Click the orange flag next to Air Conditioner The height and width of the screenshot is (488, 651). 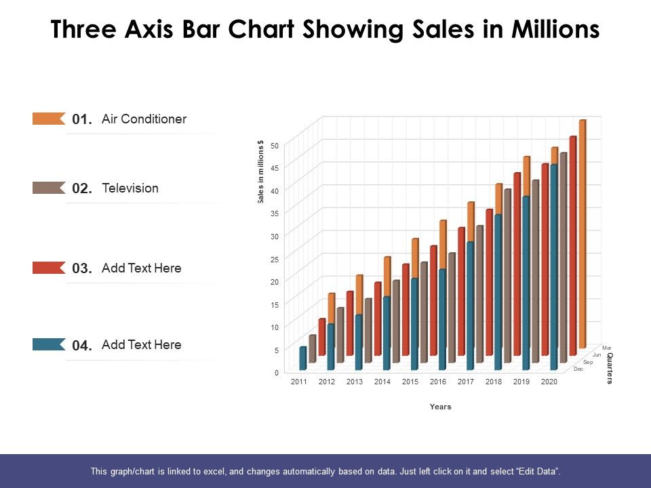[48, 119]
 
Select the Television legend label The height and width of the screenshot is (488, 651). [130, 188]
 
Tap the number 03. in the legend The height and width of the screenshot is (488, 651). [81, 268]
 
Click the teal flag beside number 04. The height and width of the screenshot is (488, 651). [48, 344]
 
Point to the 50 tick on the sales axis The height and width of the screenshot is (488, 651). [275, 145]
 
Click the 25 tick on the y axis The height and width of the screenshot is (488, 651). [275, 259]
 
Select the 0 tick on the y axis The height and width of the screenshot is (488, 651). [276, 372]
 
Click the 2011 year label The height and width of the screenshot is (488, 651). [299, 382]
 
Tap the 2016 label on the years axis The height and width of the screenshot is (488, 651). [438, 382]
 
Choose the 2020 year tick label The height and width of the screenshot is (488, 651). [549, 382]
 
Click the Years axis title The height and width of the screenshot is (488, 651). [440, 407]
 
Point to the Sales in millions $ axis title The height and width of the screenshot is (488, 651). [260, 172]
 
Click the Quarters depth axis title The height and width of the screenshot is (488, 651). [609, 369]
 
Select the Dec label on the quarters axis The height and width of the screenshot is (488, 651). [578, 369]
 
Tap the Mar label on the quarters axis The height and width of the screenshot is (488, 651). [606, 348]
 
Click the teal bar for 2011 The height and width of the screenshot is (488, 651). [303, 359]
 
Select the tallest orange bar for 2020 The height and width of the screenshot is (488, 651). [583, 230]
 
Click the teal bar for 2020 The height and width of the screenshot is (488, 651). [553, 264]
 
